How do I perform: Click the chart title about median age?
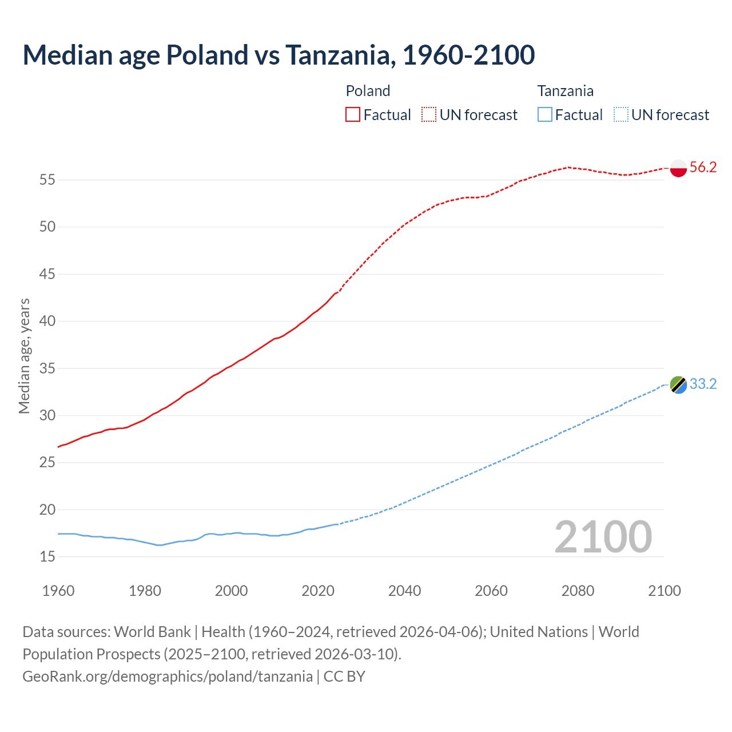point(279,55)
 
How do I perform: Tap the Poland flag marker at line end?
point(678,168)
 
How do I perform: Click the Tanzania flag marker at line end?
point(678,385)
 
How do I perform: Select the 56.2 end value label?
point(703,167)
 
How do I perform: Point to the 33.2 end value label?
point(703,384)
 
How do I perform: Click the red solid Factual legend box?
point(353,114)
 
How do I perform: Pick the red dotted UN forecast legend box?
point(429,114)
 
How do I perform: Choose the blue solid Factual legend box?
point(545,114)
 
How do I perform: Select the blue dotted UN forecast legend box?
point(621,114)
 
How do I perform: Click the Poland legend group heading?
point(368,91)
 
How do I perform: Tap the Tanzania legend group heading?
point(565,91)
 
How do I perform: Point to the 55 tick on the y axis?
point(47,180)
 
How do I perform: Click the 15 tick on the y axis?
point(47,556)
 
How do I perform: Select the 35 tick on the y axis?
point(47,368)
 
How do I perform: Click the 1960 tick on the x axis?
point(58,591)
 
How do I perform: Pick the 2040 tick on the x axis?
point(404,591)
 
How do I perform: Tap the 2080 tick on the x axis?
point(578,591)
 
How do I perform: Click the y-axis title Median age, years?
point(24,356)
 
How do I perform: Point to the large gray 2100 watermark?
point(603,536)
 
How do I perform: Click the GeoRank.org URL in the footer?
point(168,677)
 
